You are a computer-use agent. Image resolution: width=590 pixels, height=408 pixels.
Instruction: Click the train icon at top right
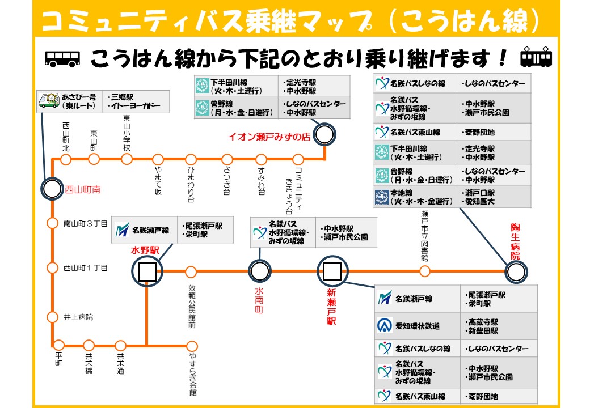pos(536,58)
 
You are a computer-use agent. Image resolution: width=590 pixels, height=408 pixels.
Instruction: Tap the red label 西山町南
pos(83,190)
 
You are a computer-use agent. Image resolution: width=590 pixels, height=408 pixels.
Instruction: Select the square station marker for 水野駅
pos(147,272)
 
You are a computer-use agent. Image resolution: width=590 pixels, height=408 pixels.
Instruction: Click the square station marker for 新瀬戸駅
pos(331,271)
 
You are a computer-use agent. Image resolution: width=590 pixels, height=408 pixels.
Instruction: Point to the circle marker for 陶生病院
pos(516,273)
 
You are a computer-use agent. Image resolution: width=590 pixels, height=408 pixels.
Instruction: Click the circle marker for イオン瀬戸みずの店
pos(324,135)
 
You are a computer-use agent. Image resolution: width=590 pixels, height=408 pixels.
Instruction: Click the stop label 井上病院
pos(78,317)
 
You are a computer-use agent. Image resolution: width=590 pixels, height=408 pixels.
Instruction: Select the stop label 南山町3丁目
pos(85,223)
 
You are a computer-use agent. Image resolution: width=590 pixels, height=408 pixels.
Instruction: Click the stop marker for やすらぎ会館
pos(192,346)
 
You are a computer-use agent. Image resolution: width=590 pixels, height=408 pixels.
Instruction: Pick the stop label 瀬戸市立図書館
pos(424,235)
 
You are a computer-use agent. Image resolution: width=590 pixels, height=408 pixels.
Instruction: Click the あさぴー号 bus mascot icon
pos(48,101)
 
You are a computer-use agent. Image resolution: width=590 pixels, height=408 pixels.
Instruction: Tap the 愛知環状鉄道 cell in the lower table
pos(418,326)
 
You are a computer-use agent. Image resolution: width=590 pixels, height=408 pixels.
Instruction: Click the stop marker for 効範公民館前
pos(191,272)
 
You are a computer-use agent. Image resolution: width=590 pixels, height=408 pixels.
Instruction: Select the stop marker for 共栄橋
pos(88,345)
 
